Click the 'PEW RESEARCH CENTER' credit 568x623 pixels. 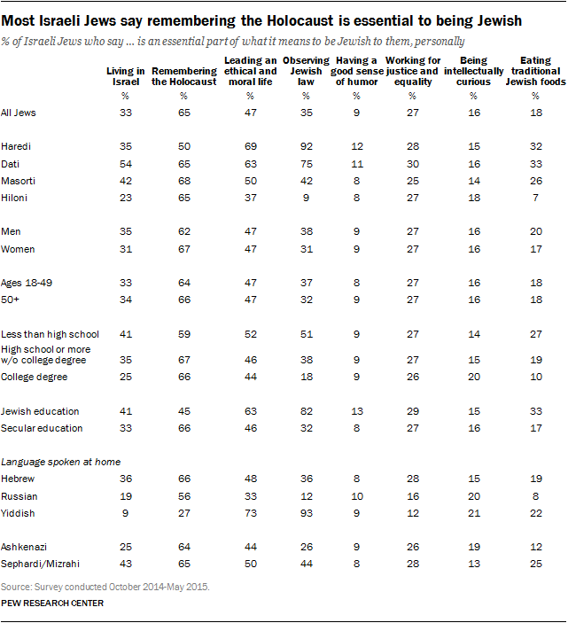pyautogui.click(x=52, y=603)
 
